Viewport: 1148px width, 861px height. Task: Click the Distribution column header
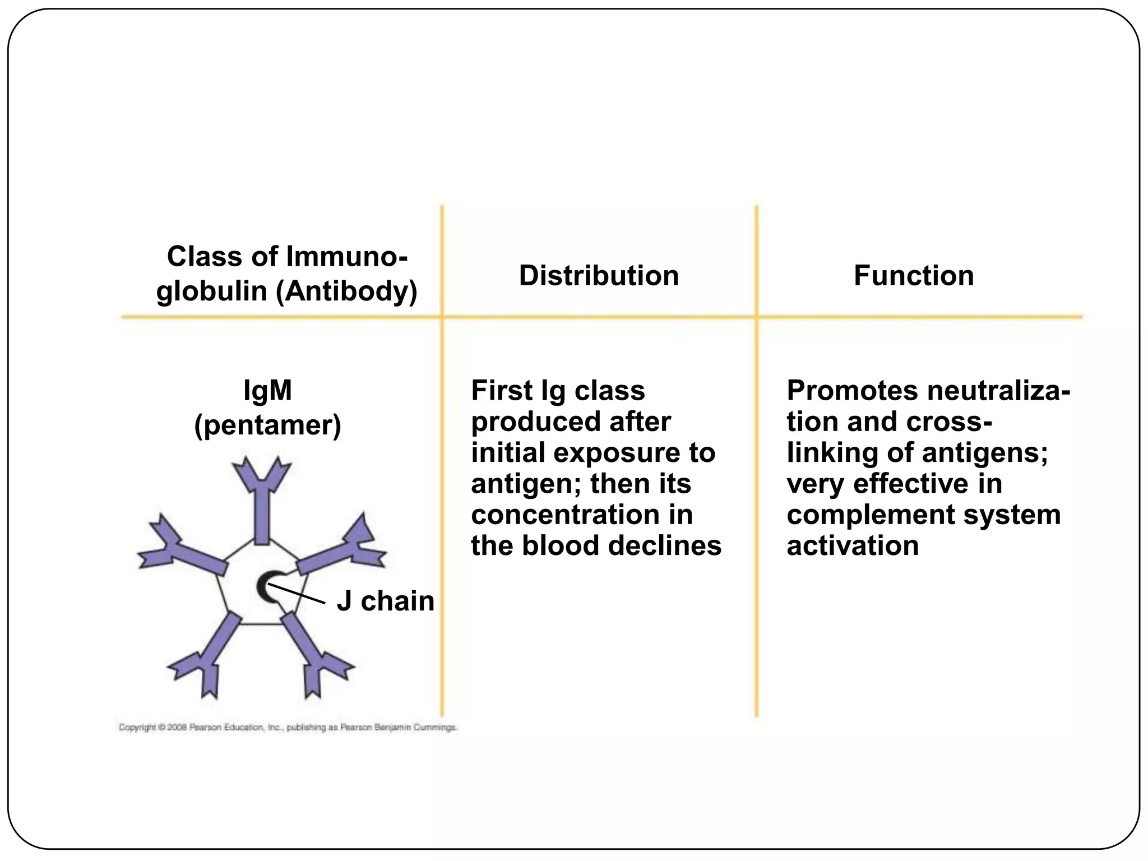click(x=598, y=275)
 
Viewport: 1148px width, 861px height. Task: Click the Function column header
click(x=913, y=275)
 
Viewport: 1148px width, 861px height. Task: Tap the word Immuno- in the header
click(x=346, y=257)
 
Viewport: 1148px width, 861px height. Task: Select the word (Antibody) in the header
click(x=346, y=291)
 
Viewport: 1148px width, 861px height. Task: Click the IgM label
click(x=267, y=390)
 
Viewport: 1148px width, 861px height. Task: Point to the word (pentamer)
click(x=267, y=425)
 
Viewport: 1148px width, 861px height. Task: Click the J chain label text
click(x=385, y=601)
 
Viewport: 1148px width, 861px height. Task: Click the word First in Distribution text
click(x=501, y=391)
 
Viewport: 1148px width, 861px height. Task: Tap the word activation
click(x=852, y=545)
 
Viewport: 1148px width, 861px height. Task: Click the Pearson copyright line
click(x=288, y=728)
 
